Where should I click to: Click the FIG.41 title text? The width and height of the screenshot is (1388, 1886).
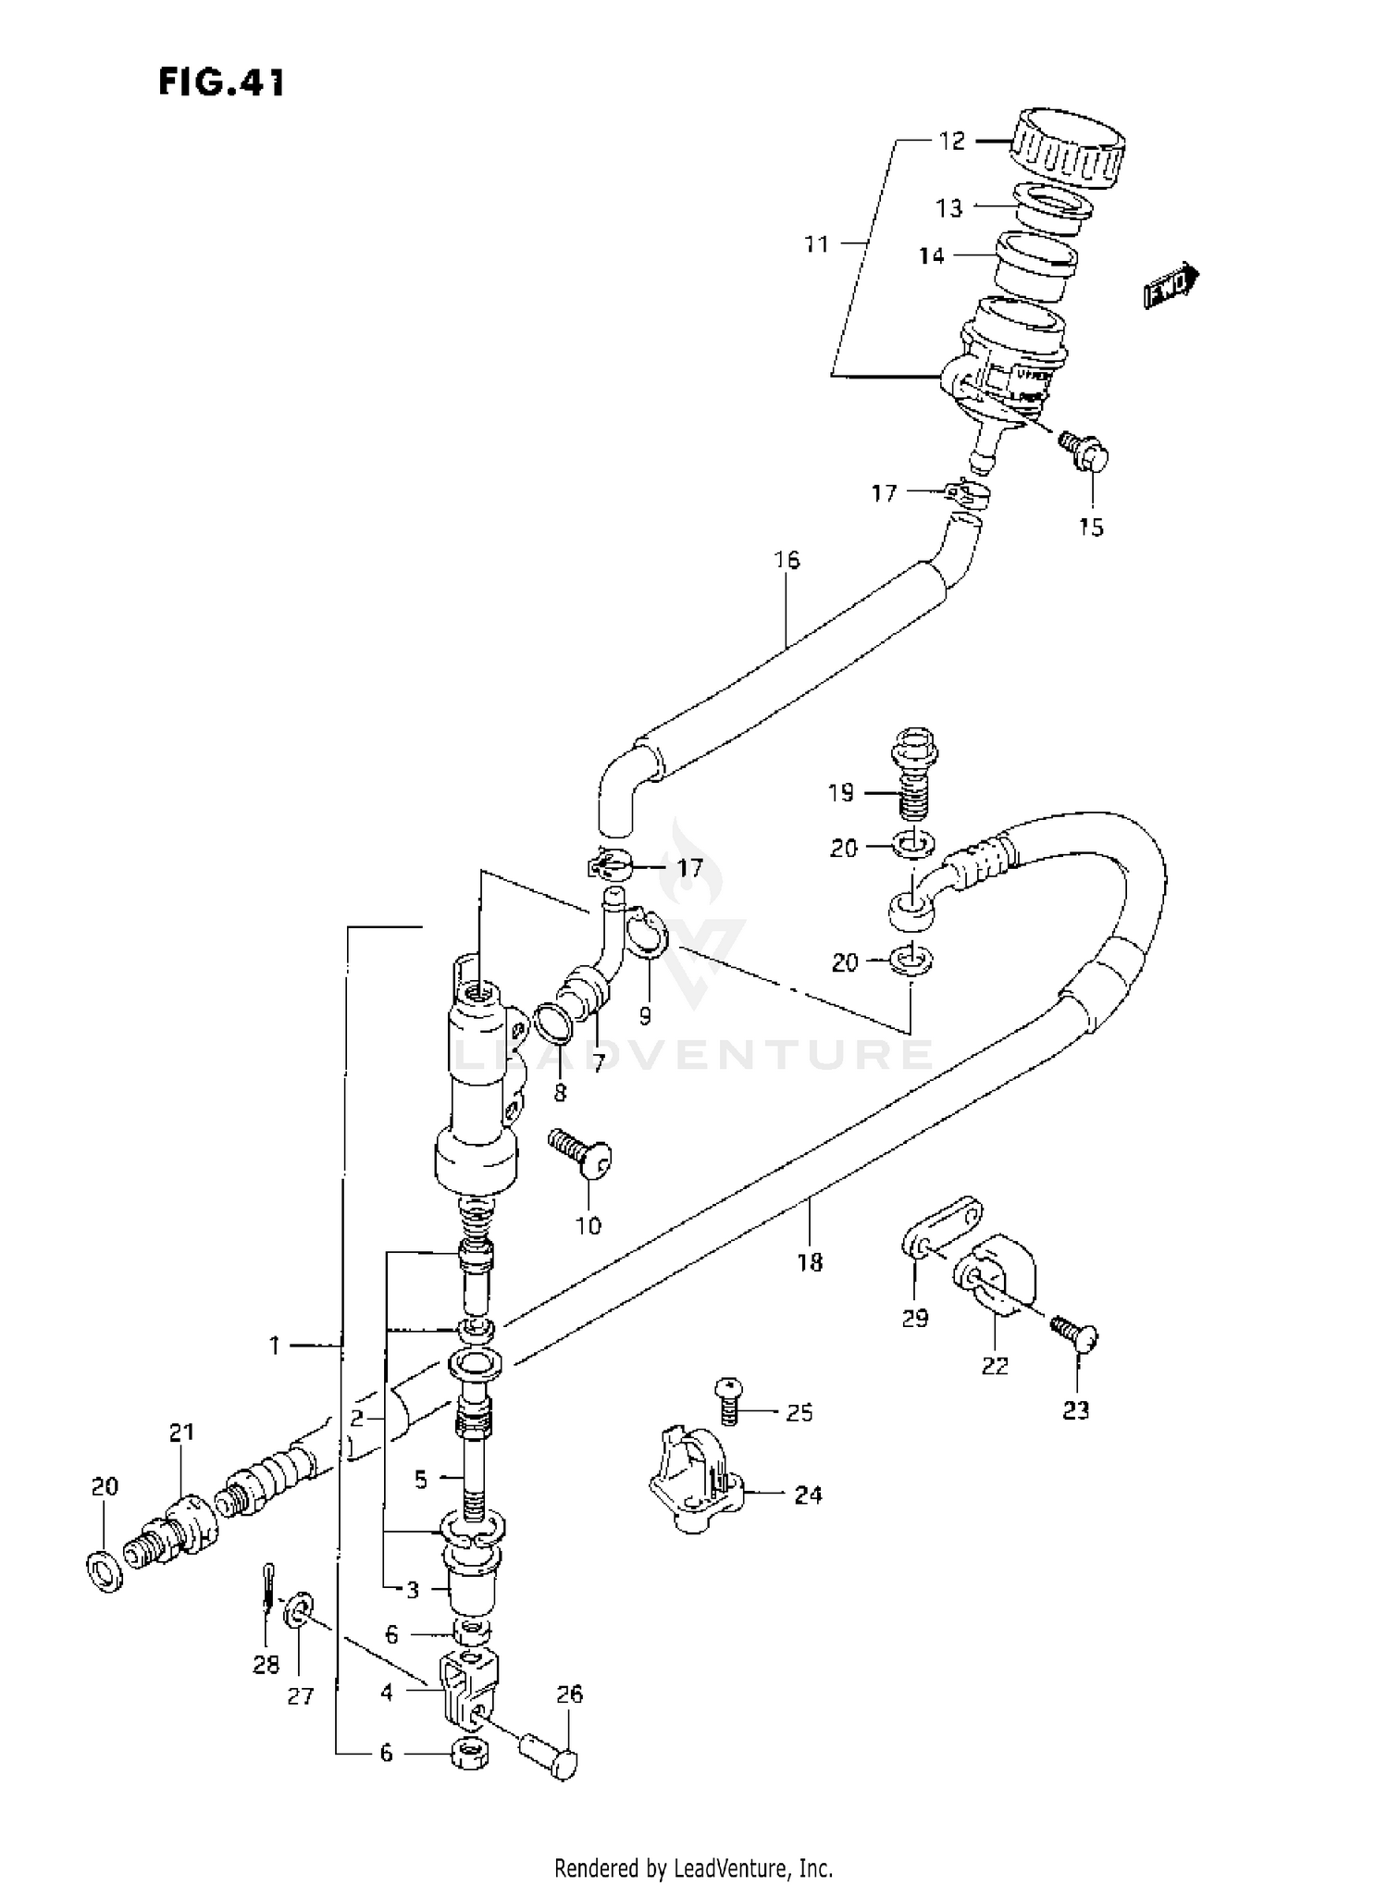[221, 82]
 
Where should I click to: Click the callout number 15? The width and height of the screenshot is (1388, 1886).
[1091, 527]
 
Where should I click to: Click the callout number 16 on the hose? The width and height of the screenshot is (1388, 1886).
[787, 560]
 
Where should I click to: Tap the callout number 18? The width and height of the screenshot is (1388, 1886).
[809, 1261]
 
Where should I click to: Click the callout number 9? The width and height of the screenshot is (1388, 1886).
[645, 1016]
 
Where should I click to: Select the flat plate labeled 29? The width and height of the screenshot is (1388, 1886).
[941, 1226]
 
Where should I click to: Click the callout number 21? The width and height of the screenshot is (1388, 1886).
[182, 1433]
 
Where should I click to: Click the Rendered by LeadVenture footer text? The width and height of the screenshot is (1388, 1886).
[693, 1867]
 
